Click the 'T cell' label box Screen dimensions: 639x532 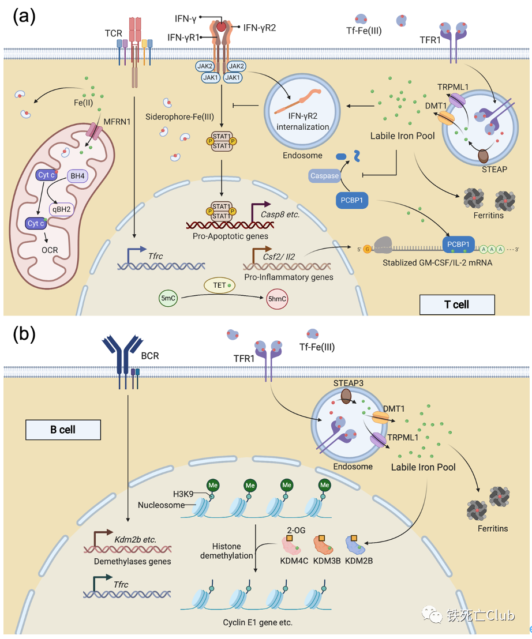tap(457, 304)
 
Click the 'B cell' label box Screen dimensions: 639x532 tap(63, 430)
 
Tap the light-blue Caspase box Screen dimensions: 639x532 tap(324, 176)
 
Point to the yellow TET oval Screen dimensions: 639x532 tap(220, 284)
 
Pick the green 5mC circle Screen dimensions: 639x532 tap(169, 299)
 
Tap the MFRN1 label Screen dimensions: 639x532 tap(117, 122)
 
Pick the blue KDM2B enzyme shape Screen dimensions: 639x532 tap(358, 546)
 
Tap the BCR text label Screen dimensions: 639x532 tap(149, 356)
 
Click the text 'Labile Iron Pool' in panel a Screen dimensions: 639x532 tap(402, 137)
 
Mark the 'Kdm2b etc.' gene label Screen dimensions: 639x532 tap(136, 539)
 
